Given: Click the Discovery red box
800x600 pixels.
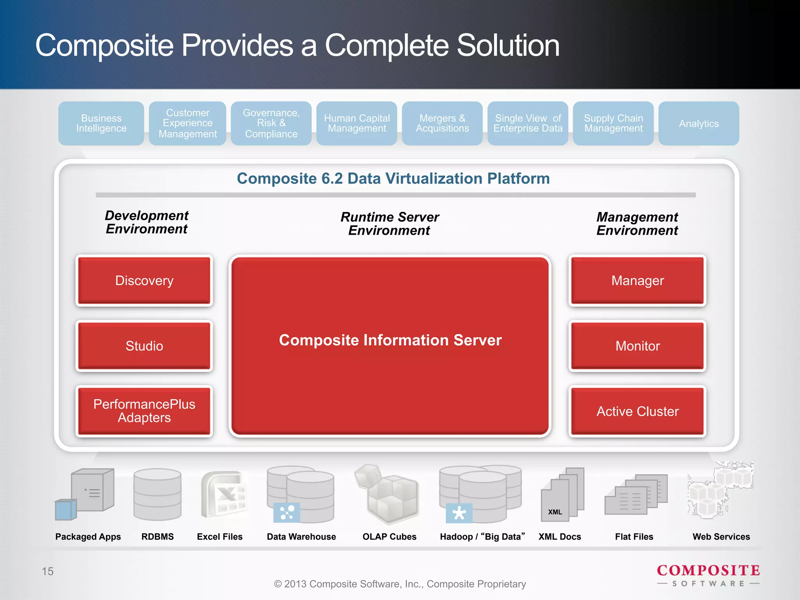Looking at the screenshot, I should coord(144,280).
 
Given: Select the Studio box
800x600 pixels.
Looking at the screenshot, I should coord(144,346).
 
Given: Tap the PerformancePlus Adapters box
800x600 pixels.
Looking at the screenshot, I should coord(144,411).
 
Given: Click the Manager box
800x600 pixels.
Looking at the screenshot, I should coord(637,280).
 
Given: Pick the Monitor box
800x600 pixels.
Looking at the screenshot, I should coord(637,346).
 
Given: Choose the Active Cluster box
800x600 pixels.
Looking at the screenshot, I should coord(637,411).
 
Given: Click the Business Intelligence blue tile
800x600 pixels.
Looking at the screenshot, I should coord(101,123).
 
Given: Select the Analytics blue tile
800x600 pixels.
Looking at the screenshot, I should coord(698,123).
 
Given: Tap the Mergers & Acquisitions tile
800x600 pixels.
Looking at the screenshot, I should coord(442,123).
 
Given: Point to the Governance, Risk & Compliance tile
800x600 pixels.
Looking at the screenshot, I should coord(271,123).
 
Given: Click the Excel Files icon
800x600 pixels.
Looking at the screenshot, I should coord(223,495).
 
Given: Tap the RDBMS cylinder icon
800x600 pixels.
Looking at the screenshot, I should coord(157,495).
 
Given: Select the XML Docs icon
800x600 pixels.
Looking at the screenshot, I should coord(562,495).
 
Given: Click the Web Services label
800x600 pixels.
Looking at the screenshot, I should coord(721,537).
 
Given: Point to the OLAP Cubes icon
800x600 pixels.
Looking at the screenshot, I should coord(387,495).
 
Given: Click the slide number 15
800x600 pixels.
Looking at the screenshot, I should coord(48,571).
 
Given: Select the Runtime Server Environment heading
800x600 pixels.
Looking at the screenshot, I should coord(389,224).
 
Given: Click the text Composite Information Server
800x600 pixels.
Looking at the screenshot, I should coord(390,340).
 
